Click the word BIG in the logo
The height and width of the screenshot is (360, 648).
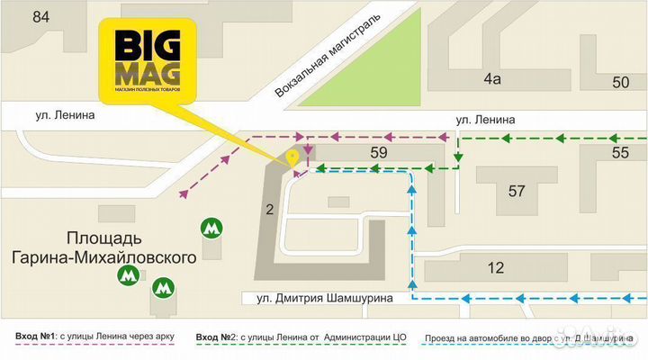[x=139, y=44]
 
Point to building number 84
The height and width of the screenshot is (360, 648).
[x=40, y=17]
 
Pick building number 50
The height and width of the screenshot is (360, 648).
[x=621, y=83]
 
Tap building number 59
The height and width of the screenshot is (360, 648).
[x=378, y=153]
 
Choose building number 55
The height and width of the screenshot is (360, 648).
[x=621, y=153]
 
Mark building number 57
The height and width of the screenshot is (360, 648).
[x=516, y=191]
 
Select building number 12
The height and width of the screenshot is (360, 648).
[x=495, y=267]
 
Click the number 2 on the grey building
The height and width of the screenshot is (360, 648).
[x=269, y=210]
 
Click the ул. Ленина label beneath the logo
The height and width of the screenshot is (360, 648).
[x=66, y=115]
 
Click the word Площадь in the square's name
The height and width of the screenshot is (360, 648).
[x=104, y=238]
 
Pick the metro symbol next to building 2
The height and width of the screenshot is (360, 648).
[x=211, y=229]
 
